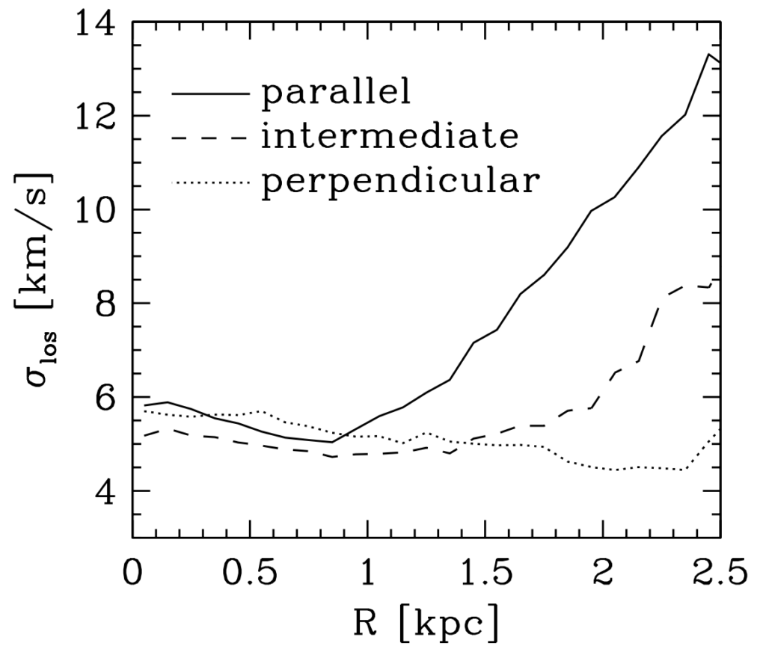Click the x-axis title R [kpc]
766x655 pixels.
[x=425, y=622]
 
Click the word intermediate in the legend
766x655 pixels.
[x=389, y=138]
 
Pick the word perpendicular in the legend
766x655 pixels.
[x=398, y=182]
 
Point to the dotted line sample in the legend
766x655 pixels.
[x=210, y=182]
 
